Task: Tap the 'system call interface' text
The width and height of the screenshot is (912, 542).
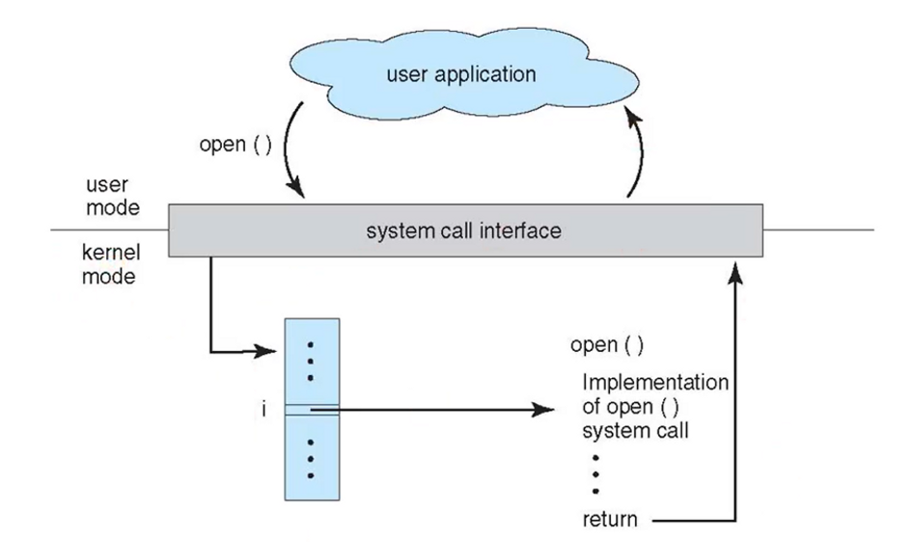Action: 463,231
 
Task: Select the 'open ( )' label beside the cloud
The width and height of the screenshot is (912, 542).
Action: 235,144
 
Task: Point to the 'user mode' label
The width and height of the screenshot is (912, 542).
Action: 113,197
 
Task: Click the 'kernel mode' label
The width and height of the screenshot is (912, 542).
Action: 111,264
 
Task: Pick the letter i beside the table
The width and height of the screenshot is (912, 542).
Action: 264,410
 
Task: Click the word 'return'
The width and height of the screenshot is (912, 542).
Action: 610,519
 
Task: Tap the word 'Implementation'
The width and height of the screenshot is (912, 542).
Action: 655,382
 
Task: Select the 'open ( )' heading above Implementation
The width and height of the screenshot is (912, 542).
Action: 607,345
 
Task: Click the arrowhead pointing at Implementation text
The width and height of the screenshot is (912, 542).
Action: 542,410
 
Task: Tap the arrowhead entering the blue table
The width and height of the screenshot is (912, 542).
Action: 265,351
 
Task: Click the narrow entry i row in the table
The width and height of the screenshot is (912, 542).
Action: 312,410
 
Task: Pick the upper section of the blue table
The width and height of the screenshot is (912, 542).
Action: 312,362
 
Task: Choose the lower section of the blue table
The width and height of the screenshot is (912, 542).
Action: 312,458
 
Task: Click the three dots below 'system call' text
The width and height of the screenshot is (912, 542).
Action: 595,474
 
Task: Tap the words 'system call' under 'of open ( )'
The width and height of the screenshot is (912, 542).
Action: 635,431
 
